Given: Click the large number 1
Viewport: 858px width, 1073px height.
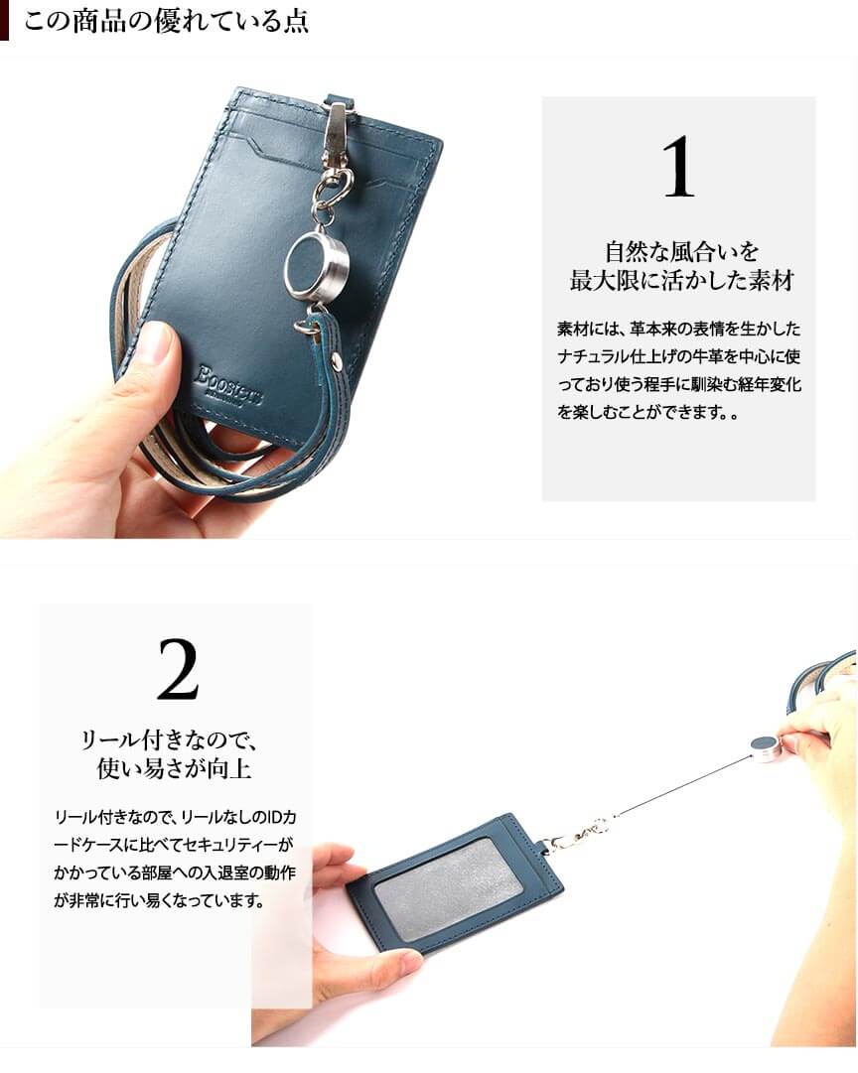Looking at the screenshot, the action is pyautogui.click(x=678, y=167).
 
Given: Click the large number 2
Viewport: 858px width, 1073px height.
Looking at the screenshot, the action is pyautogui.click(x=178, y=669).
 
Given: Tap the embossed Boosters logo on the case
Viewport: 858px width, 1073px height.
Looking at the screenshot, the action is pyautogui.click(x=229, y=386).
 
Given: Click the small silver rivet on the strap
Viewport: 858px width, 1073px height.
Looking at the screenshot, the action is pyautogui.click(x=337, y=358).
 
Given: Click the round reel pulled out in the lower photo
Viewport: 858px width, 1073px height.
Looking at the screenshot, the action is pyautogui.click(x=765, y=745).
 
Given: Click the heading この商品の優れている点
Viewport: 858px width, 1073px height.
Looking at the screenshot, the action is pyautogui.click(x=166, y=22).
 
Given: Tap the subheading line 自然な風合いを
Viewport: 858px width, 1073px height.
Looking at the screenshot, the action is pyautogui.click(x=681, y=251).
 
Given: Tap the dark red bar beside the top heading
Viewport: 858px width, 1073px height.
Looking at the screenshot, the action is pyautogui.click(x=4, y=21).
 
